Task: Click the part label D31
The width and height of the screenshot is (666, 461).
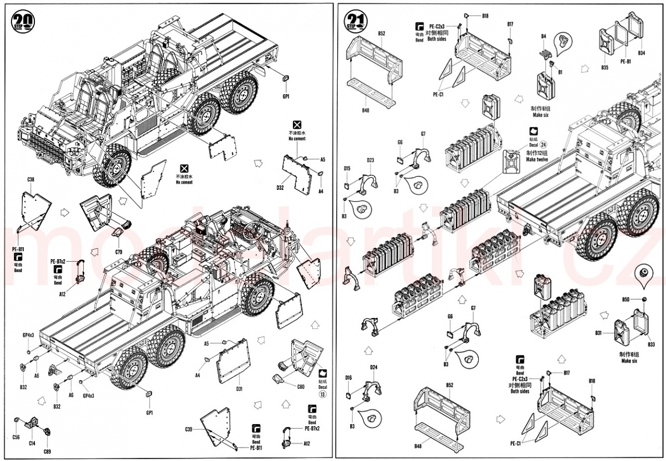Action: coord(239,388)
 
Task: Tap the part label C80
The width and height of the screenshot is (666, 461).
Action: coord(300,386)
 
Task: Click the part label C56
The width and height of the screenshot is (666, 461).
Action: coord(16,437)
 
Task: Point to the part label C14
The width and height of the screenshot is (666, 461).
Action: coord(32,443)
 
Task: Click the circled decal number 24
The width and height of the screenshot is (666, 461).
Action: coord(544,144)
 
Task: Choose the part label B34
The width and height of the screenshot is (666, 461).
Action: coord(641,53)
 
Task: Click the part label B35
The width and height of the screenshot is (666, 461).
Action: coord(604,68)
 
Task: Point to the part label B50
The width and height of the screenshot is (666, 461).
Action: coord(625,299)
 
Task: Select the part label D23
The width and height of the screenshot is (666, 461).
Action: coord(370,160)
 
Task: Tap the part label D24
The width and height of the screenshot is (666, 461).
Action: coord(373,368)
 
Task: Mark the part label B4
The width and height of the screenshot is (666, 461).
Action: coord(543,36)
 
